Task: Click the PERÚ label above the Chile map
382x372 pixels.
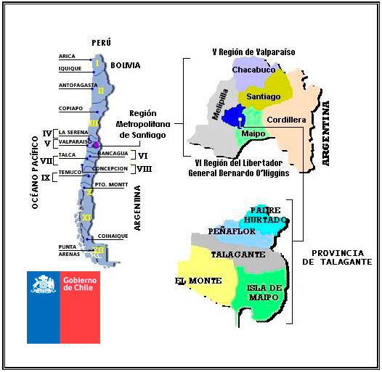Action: click(x=101, y=44)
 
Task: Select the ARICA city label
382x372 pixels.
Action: click(x=67, y=56)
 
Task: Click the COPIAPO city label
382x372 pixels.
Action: click(x=70, y=109)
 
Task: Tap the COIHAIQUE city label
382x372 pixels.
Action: click(x=113, y=235)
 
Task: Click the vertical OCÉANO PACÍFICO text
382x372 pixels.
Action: click(x=35, y=173)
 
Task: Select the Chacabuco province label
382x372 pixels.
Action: click(x=254, y=70)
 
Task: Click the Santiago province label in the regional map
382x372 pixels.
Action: click(x=264, y=96)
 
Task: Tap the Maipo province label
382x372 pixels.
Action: click(x=253, y=133)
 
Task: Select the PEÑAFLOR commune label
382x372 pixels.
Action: click(x=230, y=231)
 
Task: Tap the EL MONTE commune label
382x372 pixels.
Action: click(x=193, y=279)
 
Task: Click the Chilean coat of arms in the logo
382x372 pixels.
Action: click(x=44, y=284)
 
